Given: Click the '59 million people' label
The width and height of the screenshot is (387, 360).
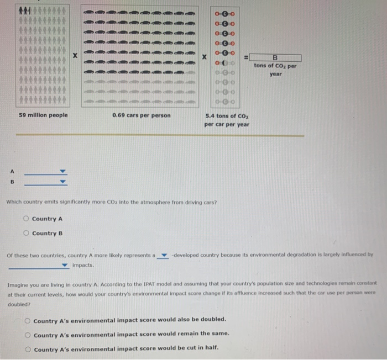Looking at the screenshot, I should pos(44,115).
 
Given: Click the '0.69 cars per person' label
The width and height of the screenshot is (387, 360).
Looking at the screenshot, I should pos(141,115).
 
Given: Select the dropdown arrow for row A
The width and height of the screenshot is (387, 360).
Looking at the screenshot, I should pos(62,171).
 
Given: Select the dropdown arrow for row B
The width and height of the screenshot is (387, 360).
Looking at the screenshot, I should pos(62,182).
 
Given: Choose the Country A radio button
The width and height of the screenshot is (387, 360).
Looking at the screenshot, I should pos(25,219).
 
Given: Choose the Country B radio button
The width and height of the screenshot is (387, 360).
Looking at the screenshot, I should pos(25,233).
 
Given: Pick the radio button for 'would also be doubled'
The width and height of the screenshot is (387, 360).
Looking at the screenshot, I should pos(27,320).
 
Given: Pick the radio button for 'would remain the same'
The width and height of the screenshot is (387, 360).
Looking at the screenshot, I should pos(27,335).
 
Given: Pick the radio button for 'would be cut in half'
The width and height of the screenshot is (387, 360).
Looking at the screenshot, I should pos(27,349).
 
